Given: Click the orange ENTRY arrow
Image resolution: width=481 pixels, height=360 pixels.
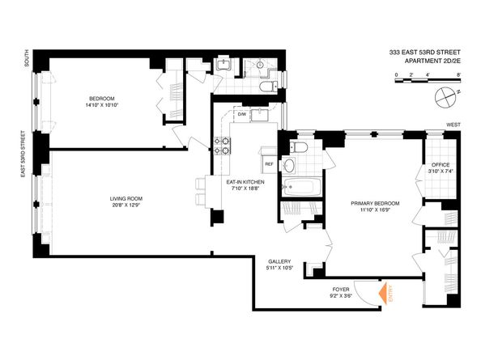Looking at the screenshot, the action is (383, 294).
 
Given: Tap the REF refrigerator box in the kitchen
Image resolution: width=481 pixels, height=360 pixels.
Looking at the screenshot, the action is (269, 164).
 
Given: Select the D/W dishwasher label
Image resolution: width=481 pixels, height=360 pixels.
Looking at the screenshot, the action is (242, 115).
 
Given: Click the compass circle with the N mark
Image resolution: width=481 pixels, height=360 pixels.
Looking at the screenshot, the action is (445, 98).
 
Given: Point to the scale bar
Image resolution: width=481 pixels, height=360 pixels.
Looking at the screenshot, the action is (428, 81).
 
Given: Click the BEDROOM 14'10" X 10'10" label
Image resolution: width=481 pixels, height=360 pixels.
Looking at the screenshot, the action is (102, 102).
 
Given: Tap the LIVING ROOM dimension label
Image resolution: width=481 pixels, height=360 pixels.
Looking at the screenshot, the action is (126, 202).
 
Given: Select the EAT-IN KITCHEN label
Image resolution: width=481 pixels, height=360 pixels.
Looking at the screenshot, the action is (245, 185).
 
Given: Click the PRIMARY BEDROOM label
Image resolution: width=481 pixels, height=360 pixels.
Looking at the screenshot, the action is (375, 206).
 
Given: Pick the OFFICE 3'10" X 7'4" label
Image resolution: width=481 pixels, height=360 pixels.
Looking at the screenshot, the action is (441, 167).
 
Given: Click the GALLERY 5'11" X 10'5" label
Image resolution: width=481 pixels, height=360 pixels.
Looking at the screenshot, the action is (279, 265).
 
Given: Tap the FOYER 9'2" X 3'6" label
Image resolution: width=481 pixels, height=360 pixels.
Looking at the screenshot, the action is (341, 292).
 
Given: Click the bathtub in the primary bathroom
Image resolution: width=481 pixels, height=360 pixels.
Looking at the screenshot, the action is (302, 187).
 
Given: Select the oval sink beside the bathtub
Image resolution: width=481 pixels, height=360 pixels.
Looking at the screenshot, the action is (288, 166).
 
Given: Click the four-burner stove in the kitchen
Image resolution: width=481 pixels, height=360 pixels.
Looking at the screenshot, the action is (222, 146).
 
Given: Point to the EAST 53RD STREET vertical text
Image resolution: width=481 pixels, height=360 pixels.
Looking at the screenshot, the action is (23, 154).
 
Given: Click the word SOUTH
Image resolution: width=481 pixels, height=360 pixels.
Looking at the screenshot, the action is (27, 58).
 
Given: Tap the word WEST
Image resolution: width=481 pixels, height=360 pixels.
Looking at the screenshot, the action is (453, 125).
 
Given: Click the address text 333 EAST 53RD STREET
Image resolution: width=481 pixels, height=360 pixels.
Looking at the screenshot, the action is (425, 53).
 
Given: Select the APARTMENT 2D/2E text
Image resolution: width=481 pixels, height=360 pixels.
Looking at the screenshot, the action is (433, 61).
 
